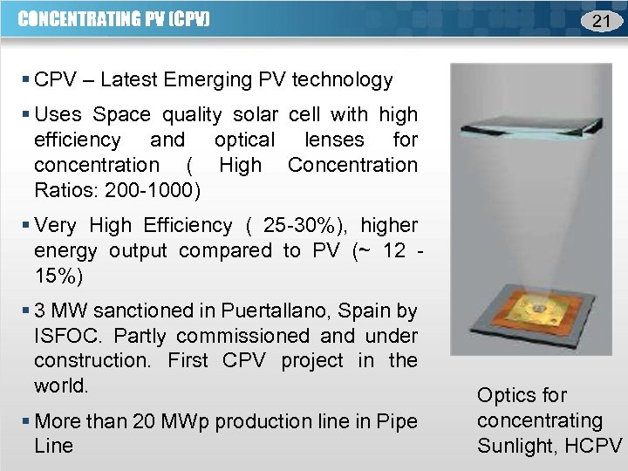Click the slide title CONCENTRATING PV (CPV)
pos(114,18)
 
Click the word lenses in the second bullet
pos(331,140)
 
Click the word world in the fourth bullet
pos(63,385)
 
